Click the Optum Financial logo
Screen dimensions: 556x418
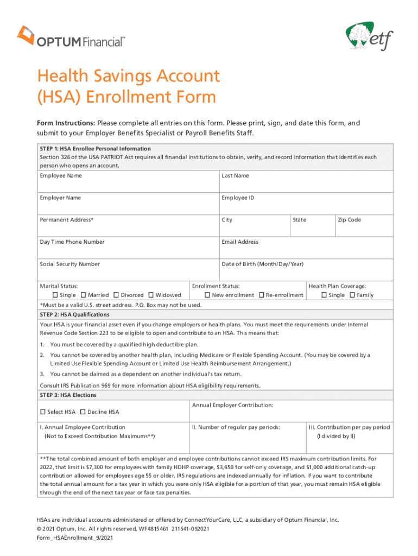coord(71,37)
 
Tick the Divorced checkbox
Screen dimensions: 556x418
coord(115,295)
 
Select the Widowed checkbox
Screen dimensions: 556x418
coord(150,295)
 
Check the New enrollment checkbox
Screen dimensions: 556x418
coord(207,295)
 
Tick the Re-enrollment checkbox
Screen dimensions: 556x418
coord(261,295)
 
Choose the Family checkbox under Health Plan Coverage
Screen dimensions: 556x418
coord(352,295)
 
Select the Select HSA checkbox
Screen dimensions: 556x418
coord(43,412)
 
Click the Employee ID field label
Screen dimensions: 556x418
coord(238,198)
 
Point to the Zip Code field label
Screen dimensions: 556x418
coord(349,220)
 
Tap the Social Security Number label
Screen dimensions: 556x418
coord(69,264)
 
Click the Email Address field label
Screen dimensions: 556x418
coord(240,242)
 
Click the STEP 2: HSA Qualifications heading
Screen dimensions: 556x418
coord(74,315)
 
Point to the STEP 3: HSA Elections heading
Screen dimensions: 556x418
coord(68,395)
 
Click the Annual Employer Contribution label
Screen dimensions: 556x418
coord(232,406)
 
